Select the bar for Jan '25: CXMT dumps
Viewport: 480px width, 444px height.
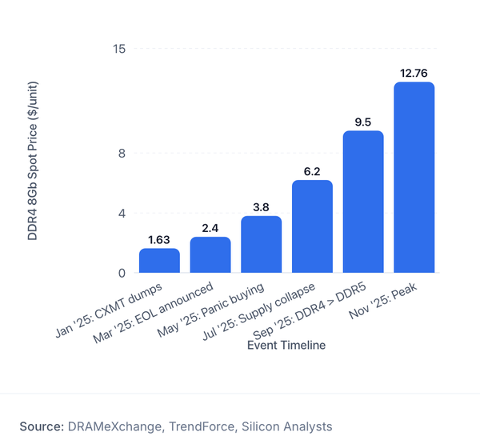[159, 261]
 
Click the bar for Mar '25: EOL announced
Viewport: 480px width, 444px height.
[210, 254]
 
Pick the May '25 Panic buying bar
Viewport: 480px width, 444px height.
[261, 244]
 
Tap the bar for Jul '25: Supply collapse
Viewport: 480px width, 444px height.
[312, 226]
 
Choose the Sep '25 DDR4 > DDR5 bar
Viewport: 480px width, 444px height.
[363, 202]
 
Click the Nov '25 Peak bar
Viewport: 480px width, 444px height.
[414, 178]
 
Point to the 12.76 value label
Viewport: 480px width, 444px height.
[414, 73]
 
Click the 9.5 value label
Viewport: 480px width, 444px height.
[363, 122]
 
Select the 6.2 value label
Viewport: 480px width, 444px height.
[312, 171]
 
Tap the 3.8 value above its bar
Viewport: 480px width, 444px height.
[261, 207]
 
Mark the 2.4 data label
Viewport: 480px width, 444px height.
[210, 228]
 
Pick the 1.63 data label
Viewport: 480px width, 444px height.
[159, 240]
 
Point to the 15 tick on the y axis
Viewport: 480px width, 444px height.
[119, 49]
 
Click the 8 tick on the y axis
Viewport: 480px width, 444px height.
[122, 153]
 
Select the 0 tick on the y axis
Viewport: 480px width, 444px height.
[122, 273]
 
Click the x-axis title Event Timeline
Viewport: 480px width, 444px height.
[286, 345]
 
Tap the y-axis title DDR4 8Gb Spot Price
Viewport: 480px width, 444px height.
[33, 161]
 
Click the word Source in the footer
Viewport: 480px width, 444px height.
[42, 426]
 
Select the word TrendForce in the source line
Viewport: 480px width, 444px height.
[202, 426]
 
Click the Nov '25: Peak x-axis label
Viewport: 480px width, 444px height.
[383, 301]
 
